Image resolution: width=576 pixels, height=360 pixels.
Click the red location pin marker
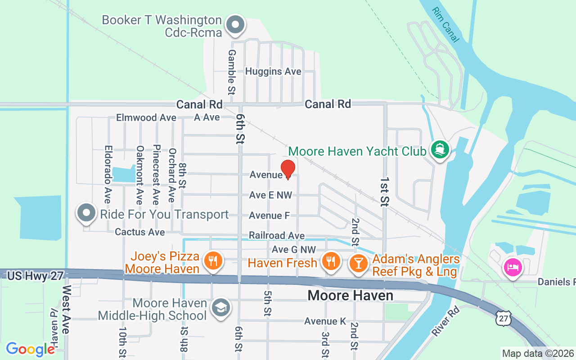(x=288, y=169)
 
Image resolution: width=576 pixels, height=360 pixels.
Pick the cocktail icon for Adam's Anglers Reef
(x=359, y=262)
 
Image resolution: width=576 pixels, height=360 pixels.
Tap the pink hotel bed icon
(x=513, y=267)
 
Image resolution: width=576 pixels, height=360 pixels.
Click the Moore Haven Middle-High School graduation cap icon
(x=220, y=308)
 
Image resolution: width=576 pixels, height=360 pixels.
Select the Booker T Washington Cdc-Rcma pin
(x=235, y=25)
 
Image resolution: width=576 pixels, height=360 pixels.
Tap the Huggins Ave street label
(x=273, y=72)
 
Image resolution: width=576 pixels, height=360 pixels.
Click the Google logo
(x=30, y=349)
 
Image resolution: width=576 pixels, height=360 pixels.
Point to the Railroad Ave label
(x=276, y=236)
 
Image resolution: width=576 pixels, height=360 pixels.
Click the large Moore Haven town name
(x=351, y=296)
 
